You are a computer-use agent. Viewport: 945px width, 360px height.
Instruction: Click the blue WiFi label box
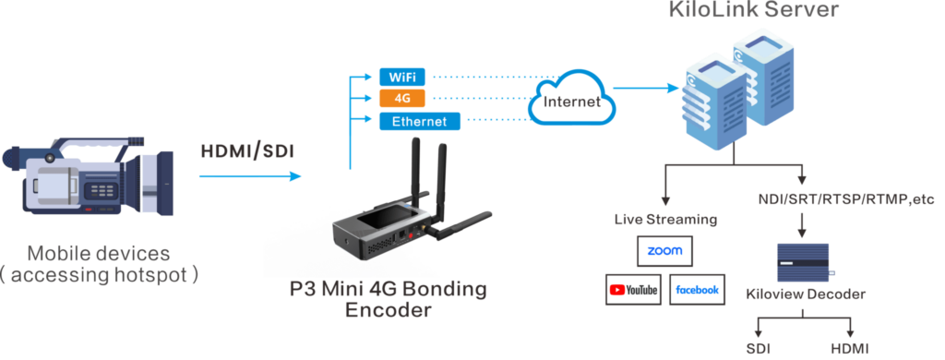click(401, 77)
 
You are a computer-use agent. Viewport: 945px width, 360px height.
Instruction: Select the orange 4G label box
click(401, 98)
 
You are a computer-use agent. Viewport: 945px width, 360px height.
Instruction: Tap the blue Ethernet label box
click(419, 121)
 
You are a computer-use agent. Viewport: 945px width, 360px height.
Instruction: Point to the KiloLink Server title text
click(754, 11)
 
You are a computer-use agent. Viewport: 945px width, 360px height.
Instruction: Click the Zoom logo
click(664, 251)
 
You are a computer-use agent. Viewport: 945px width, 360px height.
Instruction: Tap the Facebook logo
click(697, 290)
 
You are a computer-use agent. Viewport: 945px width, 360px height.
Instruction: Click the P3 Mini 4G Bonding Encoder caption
click(388, 299)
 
